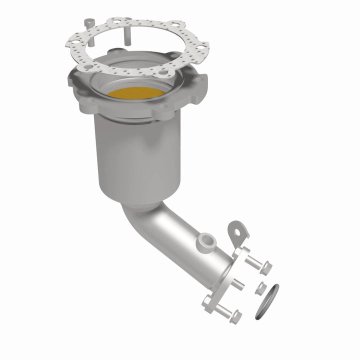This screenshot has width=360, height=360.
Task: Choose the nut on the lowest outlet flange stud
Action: point(235,315)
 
